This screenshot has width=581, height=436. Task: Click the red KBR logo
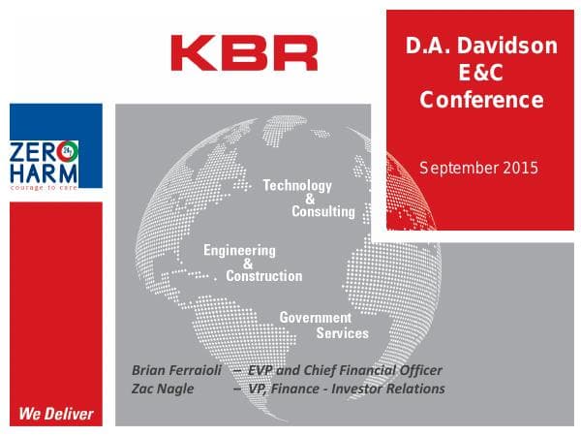pos(243,52)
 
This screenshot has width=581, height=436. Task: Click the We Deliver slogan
pos(56,414)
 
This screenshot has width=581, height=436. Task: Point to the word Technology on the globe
pos(297,185)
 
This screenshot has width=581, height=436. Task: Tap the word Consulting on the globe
pos(323,211)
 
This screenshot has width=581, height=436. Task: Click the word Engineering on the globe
pos(239,250)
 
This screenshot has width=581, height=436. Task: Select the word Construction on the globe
pos(264,276)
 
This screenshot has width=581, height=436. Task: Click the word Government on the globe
pos(316,318)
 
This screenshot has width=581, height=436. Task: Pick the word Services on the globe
pos(343,333)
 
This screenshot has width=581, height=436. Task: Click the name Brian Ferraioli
pos(176,371)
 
